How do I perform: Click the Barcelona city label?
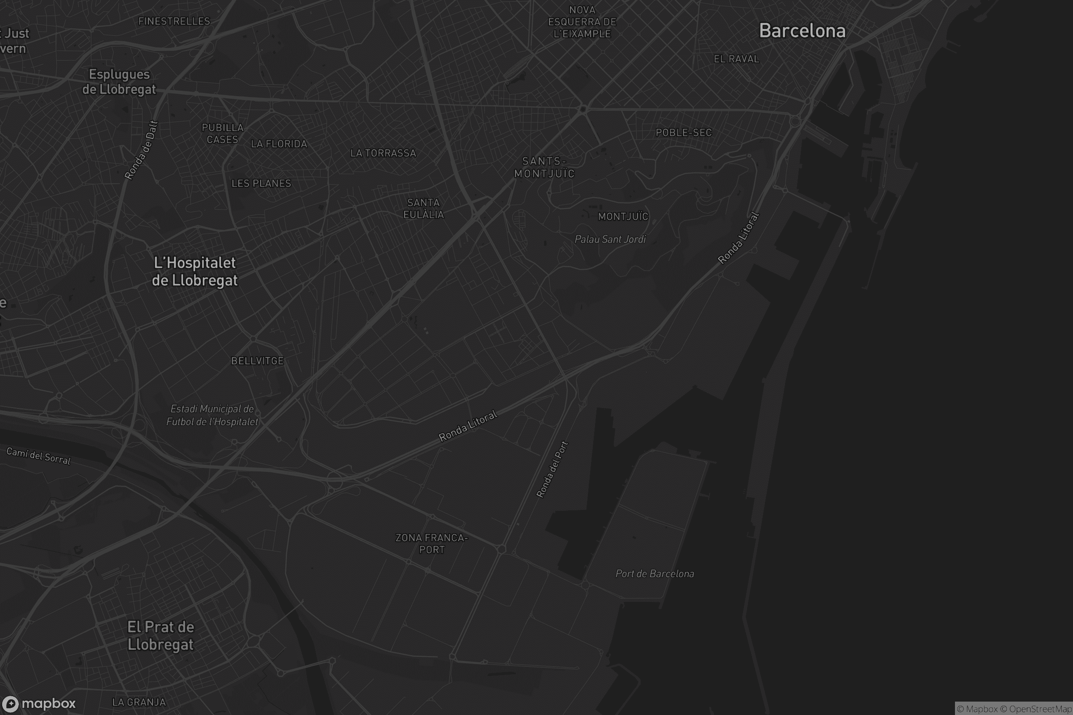click(802, 31)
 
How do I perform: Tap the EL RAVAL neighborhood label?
click(736, 59)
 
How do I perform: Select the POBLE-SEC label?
click(684, 133)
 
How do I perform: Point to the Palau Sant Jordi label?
click(610, 239)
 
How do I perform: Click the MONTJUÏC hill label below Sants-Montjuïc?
click(623, 217)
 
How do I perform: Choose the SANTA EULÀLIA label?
click(423, 208)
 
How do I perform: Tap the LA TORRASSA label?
click(383, 153)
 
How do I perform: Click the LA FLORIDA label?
click(279, 144)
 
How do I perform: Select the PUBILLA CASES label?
click(223, 134)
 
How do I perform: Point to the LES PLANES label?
click(261, 183)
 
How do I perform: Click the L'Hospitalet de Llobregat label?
click(195, 271)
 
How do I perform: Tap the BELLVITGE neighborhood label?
click(258, 361)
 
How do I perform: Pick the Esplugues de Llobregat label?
click(119, 82)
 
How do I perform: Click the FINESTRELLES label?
click(174, 21)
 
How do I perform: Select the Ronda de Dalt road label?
click(141, 150)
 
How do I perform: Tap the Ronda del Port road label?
click(552, 469)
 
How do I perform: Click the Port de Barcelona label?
click(655, 574)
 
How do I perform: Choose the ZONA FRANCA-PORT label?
click(431, 543)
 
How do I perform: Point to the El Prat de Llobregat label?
click(161, 635)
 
